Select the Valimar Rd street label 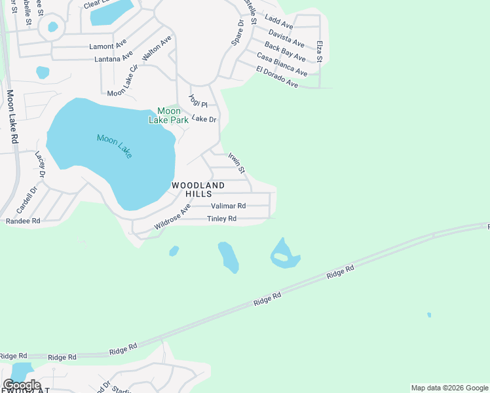pyautogui.click(x=228, y=206)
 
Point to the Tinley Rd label pyautogui.click(x=221, y=219)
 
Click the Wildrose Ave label pyautogui.click(x=172, y=217)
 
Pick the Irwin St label pyautogui.click(x=236, y=163)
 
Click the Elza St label pyautogui.click(x=320, y=52)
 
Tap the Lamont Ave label pyautogui.click(x=107, y=46)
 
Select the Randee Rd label pyautogui.click(x=23, y=221)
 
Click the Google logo pyautogui.click(x=21, y=384)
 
